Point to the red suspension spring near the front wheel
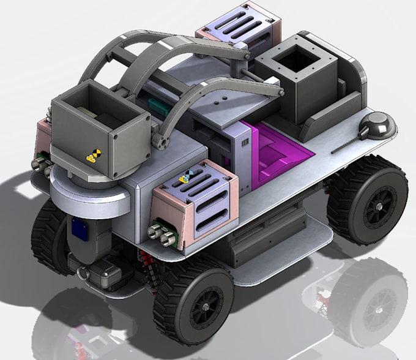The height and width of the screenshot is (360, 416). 147,264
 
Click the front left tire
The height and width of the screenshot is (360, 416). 46,236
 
